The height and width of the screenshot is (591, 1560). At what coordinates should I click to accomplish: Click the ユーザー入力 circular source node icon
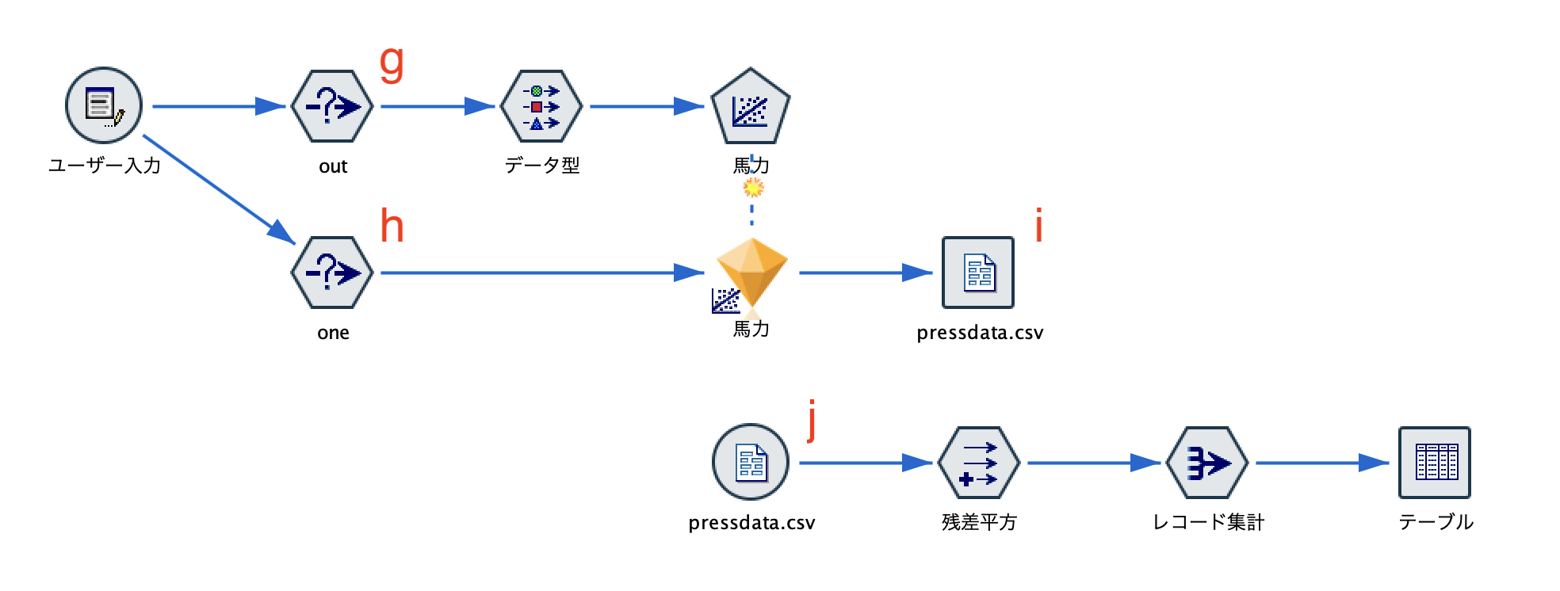104,105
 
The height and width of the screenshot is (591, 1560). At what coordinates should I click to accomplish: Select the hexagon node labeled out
332,106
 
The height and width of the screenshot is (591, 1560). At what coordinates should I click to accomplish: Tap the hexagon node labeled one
332,273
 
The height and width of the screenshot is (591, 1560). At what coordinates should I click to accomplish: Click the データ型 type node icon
541,106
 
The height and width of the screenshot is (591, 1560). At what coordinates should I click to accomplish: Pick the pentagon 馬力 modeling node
750,108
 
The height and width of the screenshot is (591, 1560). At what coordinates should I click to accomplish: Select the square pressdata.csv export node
978,273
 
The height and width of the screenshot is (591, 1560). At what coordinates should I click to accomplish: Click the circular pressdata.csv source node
751,462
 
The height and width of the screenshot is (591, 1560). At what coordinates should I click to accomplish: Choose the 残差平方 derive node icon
978,463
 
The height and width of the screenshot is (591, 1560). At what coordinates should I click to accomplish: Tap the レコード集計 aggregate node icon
1206,463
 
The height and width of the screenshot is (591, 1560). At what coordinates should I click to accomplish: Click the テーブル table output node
1435,463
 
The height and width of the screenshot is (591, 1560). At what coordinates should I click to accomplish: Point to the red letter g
392,63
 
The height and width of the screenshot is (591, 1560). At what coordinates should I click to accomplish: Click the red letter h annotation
392,227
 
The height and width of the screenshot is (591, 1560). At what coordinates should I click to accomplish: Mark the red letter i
1038,225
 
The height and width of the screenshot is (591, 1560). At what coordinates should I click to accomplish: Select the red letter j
812,420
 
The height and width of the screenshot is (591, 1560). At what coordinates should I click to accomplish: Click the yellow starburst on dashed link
753,188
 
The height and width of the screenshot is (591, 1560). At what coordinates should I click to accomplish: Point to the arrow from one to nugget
539,273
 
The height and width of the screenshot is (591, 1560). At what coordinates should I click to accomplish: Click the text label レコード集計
1207,522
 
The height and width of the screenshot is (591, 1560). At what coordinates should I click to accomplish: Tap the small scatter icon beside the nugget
725,301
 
